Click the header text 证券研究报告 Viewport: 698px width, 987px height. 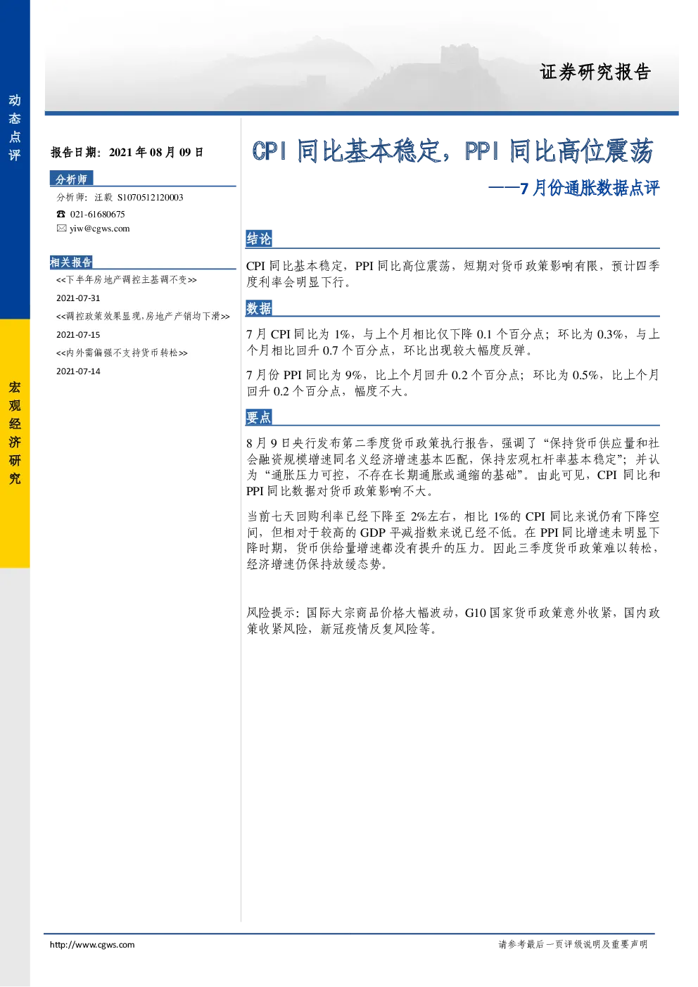click(x=595, y=72)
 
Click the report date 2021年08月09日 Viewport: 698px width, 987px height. click(x=156, y=153)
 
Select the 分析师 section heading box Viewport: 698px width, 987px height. click(x=71, y=179)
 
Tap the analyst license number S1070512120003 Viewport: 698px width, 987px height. click(x=151, y=198)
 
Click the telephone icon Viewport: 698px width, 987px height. click(x=61, y=214)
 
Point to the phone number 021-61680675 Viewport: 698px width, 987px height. click(x=97, y=215)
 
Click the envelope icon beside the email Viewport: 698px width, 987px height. click(x=61, y=228)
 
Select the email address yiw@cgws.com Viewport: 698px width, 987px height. click(x=100, y=229)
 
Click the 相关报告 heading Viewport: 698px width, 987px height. click(x=71, y=262)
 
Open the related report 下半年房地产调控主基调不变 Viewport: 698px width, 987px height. click(x=127, y=280)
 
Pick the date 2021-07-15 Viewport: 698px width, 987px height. click(x=78, y=335)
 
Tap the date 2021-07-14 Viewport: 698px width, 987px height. click(x=78, y=371)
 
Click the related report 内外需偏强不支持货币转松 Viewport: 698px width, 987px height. click(x=122, y=353)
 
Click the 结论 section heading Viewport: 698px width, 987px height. click(x=259, y=238)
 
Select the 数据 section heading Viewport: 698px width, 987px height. click(x=259, y=308)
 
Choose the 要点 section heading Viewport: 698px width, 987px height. click(x=259, y=417)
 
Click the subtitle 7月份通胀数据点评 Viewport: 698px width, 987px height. click(x=590, y=188)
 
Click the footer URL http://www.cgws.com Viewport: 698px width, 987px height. click(x=92, y=944)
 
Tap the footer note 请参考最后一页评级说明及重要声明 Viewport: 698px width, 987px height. click(x=573, y=944)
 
